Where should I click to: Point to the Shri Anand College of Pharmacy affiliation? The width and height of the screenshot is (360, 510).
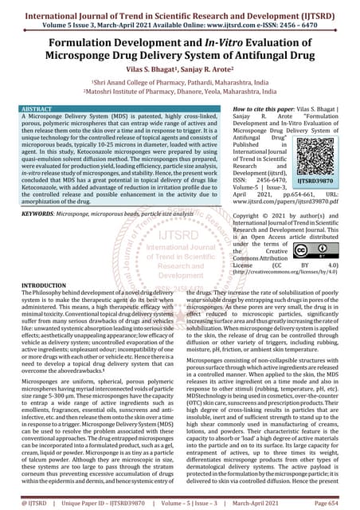180,83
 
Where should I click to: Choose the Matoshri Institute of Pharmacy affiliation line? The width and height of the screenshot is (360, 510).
180,92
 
